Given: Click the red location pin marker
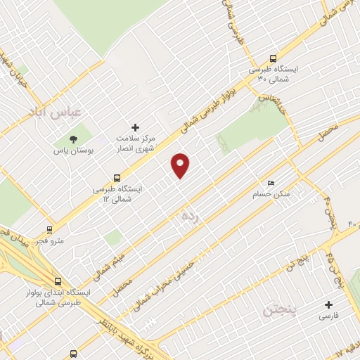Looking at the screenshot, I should click(181, 165).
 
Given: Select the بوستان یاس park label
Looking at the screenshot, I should click(73, 150).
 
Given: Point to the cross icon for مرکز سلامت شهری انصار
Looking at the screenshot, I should click(136, 127).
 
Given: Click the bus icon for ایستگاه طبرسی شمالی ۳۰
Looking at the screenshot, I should click(273, 59).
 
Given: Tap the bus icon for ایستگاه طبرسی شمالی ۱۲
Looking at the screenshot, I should click(117, 179).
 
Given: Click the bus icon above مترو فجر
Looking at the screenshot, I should click(49, 229).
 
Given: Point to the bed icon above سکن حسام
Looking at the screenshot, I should click(271, 183).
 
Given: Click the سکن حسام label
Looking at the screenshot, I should click(274, 194).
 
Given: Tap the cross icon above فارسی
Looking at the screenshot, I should click(328, 304).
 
